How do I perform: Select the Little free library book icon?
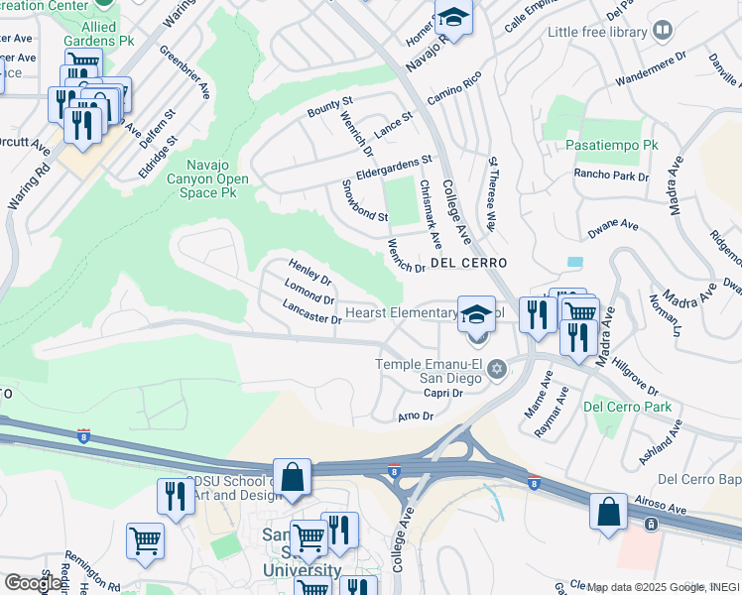(x=661, y=32)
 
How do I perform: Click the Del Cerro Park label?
(x=627, y=407)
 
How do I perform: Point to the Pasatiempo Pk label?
(x=612, y=145)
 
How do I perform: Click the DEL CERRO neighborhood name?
(x=468, y=263)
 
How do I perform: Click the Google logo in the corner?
(x=34, y=582)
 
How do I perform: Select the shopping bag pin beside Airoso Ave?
(x=608, y=513)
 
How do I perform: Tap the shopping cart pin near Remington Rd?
(x=145, y=541)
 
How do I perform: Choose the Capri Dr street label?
(x=443, y=393)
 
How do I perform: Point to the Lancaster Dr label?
(x=311, y=313)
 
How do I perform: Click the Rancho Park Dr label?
(x=611, y=176)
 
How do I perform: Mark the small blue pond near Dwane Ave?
(x=575, y=262)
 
